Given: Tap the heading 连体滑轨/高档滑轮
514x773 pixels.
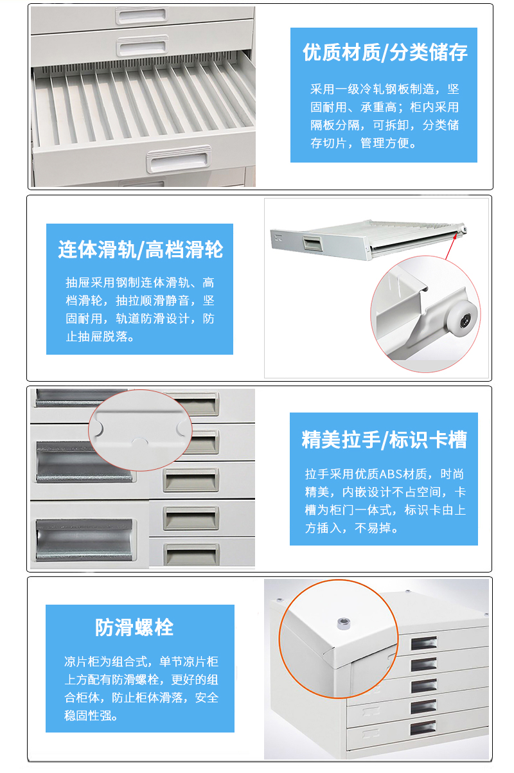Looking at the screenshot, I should coord(140,249).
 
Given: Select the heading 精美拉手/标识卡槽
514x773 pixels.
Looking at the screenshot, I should coord(384,440).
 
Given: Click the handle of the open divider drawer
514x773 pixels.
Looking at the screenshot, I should coord(179,158).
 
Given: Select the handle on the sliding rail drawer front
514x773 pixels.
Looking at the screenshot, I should coord(312,243).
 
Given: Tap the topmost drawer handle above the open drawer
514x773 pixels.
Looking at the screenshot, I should coord(140,13).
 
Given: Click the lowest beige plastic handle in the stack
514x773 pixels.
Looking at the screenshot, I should coord(191,553).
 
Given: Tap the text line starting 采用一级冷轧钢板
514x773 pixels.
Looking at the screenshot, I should coord(384,89).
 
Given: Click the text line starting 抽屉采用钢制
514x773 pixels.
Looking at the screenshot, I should coord(139,282).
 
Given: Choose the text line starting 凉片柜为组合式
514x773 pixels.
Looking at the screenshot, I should coord(141,661).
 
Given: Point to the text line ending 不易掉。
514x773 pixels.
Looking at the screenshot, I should coord(352,529).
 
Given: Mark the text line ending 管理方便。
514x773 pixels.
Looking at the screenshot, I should coord(364,143).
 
